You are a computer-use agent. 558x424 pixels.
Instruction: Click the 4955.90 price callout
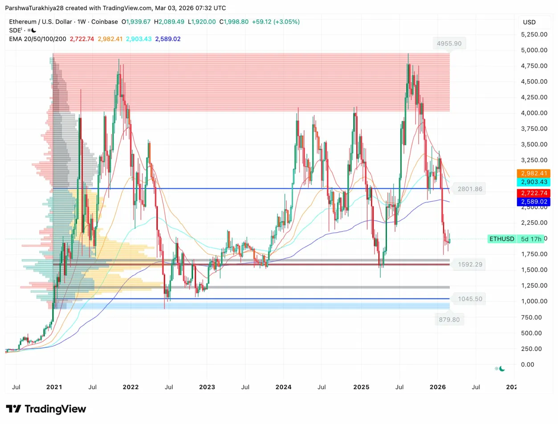pos(449,44)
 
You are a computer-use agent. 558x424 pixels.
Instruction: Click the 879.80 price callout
pos(449,319)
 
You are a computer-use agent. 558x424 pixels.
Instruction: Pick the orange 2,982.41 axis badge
pos(533,173)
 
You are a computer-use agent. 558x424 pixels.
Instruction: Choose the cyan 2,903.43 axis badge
pos(533,182)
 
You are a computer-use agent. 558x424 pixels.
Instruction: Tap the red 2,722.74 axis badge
pos(533,193)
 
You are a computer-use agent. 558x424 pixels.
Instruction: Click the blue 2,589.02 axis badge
pos(533,202)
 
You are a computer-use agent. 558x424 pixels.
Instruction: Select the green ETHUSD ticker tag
pos(502,239)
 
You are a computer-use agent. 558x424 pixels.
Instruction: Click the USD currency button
pos(529,22)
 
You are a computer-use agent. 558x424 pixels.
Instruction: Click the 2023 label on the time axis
pos(207,387)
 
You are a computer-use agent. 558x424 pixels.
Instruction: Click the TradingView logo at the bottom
pos(46,409)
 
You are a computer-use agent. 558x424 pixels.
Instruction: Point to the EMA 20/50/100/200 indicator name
pos(38,39)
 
